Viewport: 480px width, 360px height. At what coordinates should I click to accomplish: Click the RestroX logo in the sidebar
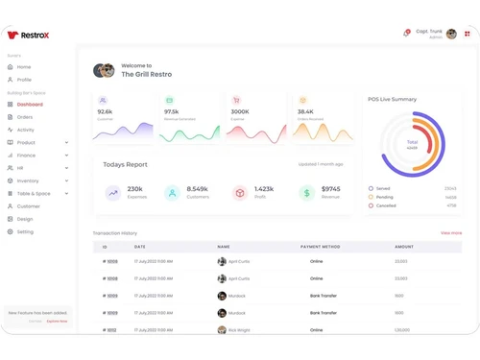pyautogui.click(x=28, y=36)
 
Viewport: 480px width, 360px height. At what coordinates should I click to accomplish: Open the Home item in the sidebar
pyautogui.click(x=24, y=67)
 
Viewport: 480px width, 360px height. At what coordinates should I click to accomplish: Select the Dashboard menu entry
pyautogui.click(x=30, y=105)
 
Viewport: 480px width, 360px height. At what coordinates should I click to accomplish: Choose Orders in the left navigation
pyautogui.click(x=25, y=117)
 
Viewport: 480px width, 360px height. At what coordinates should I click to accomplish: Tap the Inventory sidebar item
pyautogui.click(x=28, y=180)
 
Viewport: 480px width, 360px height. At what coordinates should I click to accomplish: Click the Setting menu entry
pyautogui.click(x=25, y=231)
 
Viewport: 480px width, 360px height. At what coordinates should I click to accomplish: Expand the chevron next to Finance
pyautogui.click(x=66, y=156)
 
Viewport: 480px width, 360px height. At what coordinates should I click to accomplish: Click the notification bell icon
pyautogui.click(x=406, y=34)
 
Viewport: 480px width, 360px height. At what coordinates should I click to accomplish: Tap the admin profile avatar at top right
pyautogui.click(x=451, y=34)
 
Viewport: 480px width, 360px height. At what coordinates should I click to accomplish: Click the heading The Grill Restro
pyautogui.click(x=147, y=74)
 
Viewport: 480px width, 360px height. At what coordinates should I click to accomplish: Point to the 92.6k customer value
pyautogui.click(x=105, y=111)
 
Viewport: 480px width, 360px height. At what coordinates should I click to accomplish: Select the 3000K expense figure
pyautogui.click(x=240, y=111)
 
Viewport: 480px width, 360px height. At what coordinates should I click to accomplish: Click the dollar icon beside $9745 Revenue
pyautogui.click(x=306, y=193)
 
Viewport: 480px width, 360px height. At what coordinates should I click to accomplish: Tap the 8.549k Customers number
pyautogui.click(x=198, y=189)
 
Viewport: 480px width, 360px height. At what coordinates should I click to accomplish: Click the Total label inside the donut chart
pyautogui.click(x=412, y=142)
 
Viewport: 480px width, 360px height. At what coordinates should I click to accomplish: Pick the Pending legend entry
pyautogui.click(x=385, y=197)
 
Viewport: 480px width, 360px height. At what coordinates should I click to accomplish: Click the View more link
pyautogui.click(x=451, y=233)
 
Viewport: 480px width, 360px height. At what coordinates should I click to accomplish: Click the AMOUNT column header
pyautogui.click(x=404, y=247)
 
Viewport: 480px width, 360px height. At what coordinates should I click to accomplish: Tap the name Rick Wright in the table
pyautogui.click(x=239, y=330)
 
